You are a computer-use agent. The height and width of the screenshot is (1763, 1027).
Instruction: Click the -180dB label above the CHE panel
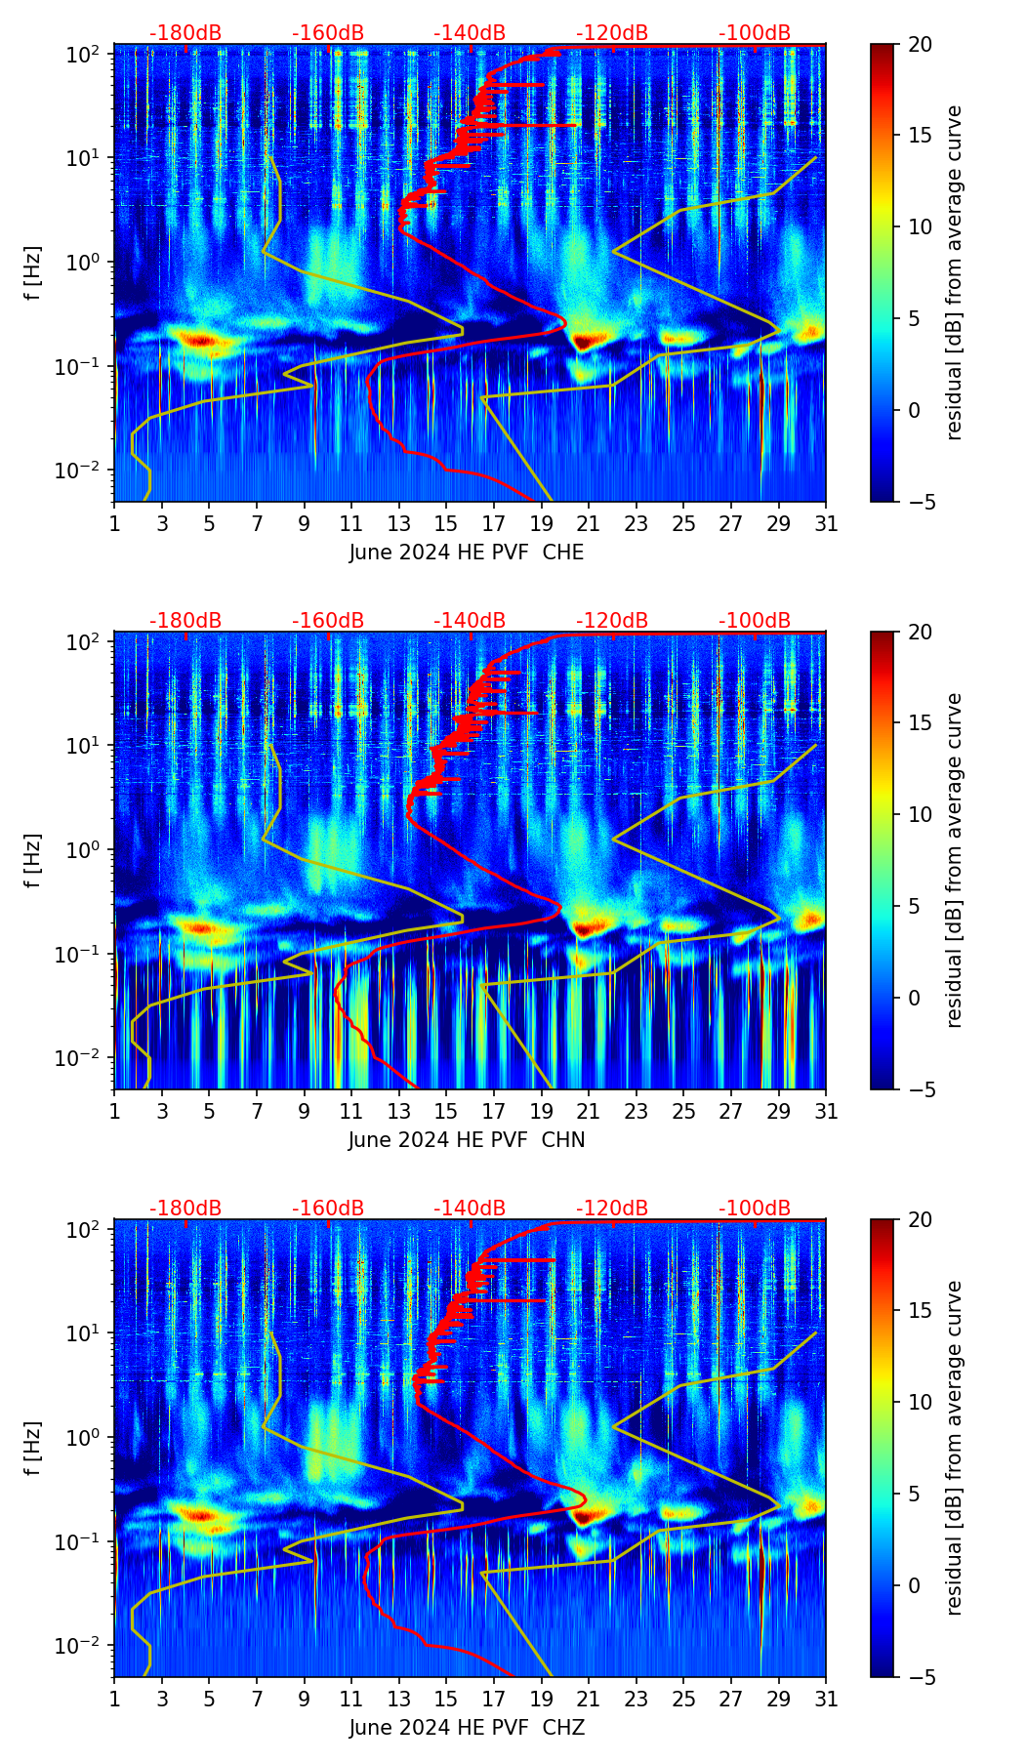(185, 33)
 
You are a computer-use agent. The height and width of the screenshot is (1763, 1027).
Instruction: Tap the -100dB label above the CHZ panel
(755, 1209)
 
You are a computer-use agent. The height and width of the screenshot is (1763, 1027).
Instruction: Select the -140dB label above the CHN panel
(470, 621)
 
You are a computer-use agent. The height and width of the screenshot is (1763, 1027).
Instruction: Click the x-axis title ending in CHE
(467, 553)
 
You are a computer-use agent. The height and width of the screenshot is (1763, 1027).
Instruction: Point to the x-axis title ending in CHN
(467, 1140)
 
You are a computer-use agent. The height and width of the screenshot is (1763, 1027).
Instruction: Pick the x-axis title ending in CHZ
(467, 1728)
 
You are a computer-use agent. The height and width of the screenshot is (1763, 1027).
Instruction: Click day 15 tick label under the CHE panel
(446, 523)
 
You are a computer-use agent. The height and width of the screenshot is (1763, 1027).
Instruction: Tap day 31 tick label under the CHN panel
(825, 1111)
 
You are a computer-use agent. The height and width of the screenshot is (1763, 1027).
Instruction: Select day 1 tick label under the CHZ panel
(114, 1699)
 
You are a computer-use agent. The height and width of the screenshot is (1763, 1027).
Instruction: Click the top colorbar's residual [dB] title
(954, 272)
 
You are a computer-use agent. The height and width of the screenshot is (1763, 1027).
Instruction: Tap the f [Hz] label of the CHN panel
(32, 860)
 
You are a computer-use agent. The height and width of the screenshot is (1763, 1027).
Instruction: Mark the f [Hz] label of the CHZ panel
(32, 1448)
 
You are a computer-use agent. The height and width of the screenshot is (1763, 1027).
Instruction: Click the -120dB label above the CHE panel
(612, 33)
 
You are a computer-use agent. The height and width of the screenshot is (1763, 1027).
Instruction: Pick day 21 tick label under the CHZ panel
(589, 1699)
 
